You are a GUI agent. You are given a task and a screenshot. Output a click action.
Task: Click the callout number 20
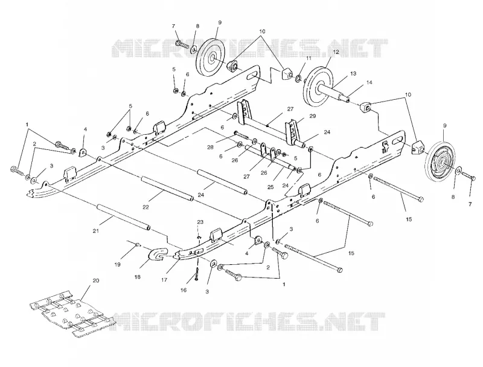tap(96, 281)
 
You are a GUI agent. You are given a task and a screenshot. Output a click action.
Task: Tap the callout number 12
tap(336, 52)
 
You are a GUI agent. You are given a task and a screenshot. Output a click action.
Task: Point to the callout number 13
tap(353, 73)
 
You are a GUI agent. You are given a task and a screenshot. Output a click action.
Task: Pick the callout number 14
tap(369, 82)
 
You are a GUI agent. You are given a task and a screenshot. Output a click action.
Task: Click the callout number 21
tap(96, 231)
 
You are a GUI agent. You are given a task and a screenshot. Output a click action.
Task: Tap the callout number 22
tap(146, 207)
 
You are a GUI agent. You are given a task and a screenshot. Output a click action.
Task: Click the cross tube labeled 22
tap(167, 189)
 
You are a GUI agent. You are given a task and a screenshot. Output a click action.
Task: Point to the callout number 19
tap(117, 265)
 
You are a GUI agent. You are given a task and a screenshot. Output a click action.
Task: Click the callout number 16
tap(184, 290)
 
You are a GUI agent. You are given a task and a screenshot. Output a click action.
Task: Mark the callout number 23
tap(200, 222)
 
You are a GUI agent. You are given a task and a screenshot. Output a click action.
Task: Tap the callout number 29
tap(313, 116)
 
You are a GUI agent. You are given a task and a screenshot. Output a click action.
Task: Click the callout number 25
tap(270, 187)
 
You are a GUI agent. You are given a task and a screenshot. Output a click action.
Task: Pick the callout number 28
tap(210, 148)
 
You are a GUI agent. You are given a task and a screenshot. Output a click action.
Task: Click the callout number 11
tap(309, 58)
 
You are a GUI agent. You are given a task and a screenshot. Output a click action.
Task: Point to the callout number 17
tap(164, 280)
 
